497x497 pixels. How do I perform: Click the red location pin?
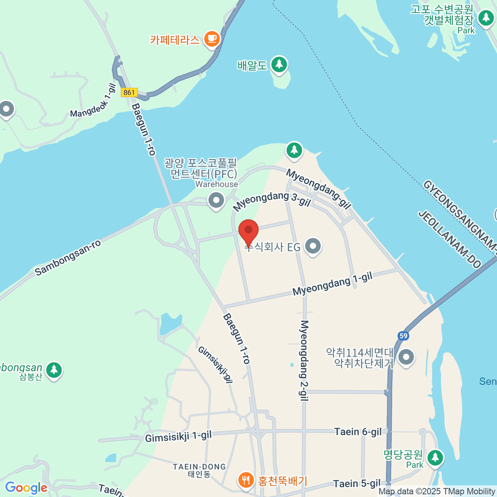[248, 231]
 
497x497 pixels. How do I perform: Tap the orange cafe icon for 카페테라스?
[212, 39]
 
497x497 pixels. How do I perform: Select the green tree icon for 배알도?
[279, 65]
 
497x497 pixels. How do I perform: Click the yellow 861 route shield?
[129, 92]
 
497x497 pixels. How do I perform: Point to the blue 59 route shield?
[403, 336]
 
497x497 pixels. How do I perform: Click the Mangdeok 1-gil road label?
[93, 101]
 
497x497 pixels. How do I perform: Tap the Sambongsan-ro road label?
[68, 258]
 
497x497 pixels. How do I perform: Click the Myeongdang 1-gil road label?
[332, 284]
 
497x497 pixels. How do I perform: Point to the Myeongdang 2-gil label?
[304, 360]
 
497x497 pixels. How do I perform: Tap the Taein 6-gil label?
[358, 432]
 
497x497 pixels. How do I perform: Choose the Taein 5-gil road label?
[357, 484]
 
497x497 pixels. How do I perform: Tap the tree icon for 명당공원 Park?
[435, 458]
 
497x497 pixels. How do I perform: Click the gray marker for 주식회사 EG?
[313, 246]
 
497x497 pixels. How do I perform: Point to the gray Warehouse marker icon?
[216, 201]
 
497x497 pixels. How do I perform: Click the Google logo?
[26, 488]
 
